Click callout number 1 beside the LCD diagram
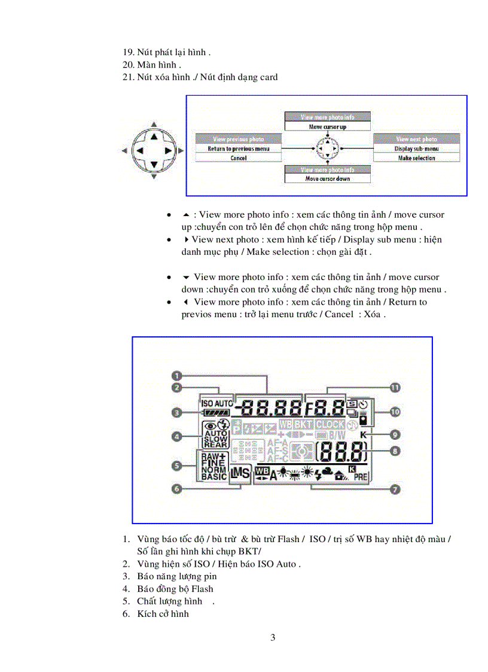tap(177, 376)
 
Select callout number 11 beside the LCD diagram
tap(395, 388)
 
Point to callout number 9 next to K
tap(395, 434)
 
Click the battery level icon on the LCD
tap(215, 412)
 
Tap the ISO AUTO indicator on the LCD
tap(217, 403)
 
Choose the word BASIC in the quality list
tap(213, 477)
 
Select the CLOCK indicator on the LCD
tap(330, 424)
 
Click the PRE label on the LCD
tap(361, 477)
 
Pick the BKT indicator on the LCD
tap(303, 424)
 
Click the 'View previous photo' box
tap(239, 139)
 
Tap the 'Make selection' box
tap(417, 158)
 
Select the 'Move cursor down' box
tap(327, 178)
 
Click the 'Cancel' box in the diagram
tap(239, 158)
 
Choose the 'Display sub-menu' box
tap(417, 148)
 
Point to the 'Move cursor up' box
tap(327, 127)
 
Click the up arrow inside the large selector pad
tap(154, 136)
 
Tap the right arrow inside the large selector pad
tap(168, 151)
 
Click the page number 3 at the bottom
tap(273, 637)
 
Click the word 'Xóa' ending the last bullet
tap(374, 314)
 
